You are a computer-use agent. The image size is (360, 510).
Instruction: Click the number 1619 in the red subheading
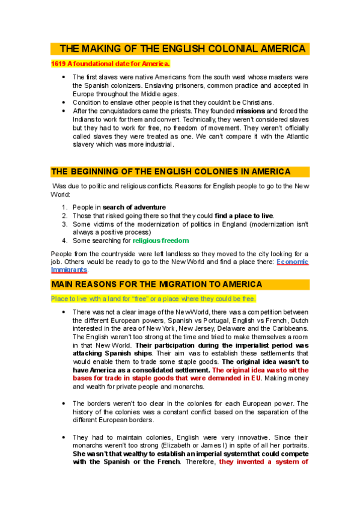pyautogui.click(x=58, y=63)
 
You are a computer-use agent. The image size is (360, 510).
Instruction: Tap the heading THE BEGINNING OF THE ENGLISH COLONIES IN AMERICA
pyautogui.click(x=171, y=171)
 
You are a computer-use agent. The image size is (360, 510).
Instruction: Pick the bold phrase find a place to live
pyautogui.click(x=244, y=215)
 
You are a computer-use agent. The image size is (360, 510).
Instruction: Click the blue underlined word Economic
pyautogui.click(x=293, y=262)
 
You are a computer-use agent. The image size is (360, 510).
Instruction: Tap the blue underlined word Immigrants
pyautogui.click(x=69, y=270)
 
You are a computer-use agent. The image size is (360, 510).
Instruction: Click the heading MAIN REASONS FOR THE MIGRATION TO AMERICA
pyautogui.click(x=156, y=284)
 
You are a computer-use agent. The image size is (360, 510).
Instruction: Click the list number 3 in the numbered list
pyautogui.click(x=64, y=224)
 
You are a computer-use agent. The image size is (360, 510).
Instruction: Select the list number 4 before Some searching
pyautogui.click(x=64, y=241)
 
